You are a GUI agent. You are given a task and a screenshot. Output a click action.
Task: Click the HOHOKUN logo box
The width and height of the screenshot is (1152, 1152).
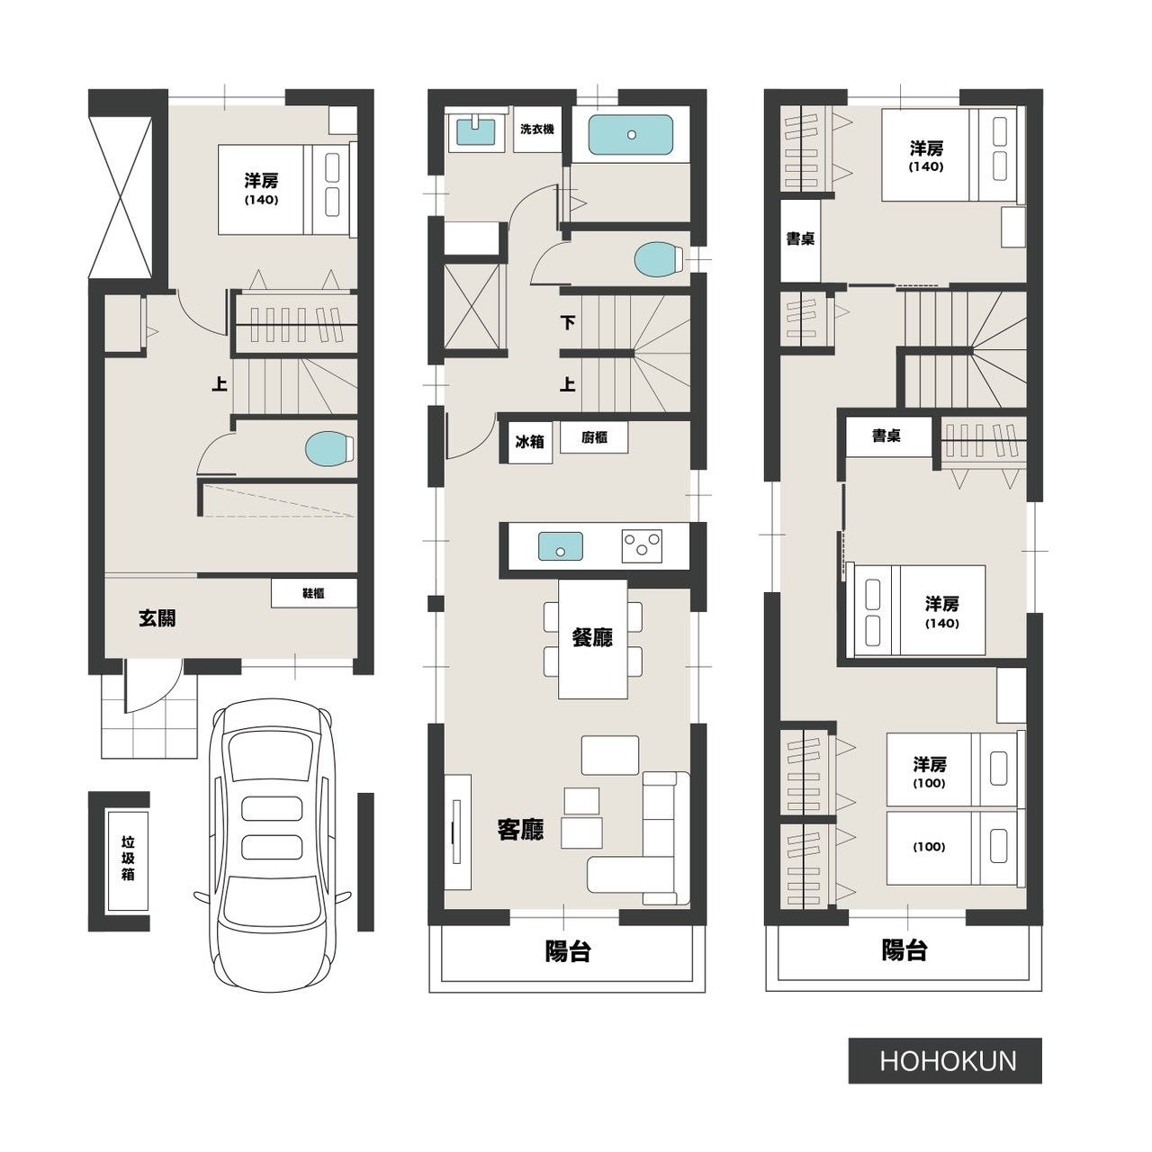coord(945,1061)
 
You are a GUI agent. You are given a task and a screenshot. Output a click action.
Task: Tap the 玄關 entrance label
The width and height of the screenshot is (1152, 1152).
coord(157,618)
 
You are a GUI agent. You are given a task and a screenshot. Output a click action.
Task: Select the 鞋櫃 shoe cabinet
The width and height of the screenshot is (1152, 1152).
coord(314,594)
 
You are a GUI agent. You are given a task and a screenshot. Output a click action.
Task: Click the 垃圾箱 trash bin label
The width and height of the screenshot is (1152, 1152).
coord(128,859)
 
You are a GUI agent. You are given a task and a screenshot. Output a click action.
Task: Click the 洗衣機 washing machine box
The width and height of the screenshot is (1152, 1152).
coord(536,129)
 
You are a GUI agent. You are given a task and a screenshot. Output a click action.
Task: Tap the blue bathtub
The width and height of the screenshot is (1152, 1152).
coord(631,135)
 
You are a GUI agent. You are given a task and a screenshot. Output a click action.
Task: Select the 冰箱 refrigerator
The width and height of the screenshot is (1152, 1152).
coord(530,442)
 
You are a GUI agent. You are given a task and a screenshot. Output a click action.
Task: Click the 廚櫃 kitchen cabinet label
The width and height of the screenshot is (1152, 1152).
coord(594,437)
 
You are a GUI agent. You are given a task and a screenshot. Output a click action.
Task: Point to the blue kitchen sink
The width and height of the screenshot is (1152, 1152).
coord(560,546)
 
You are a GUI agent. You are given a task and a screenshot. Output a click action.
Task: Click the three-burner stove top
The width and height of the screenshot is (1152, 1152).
coord(642,545)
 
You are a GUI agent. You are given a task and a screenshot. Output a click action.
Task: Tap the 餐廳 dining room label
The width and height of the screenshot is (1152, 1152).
coord(592,637)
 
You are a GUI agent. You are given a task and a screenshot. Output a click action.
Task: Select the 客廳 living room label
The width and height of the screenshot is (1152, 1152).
coord(521,830)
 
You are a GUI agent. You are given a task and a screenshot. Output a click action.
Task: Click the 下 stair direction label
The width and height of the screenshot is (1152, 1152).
coord(567,323)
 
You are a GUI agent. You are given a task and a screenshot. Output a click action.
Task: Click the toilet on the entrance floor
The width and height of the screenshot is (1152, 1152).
coord(329,448)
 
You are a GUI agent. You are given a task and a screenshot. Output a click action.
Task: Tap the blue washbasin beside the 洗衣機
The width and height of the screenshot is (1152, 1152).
coord(476,131)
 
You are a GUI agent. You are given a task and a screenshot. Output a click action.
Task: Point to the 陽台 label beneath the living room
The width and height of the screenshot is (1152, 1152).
coord(567,951)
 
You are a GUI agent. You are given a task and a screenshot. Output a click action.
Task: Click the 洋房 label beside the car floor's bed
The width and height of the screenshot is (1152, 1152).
coord(261,181)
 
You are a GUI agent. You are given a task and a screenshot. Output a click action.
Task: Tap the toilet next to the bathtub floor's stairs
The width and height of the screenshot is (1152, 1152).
coord(658,259)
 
